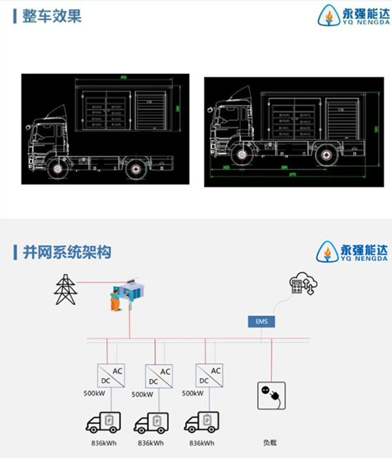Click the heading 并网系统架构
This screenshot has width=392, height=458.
[x=66, y=252]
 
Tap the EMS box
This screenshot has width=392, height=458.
[x=261, y=321]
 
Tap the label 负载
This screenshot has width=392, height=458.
[x=271, y=442]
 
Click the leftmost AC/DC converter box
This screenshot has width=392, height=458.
[x=110, y=376]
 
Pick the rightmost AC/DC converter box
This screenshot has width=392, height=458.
[x=209, y=376]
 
